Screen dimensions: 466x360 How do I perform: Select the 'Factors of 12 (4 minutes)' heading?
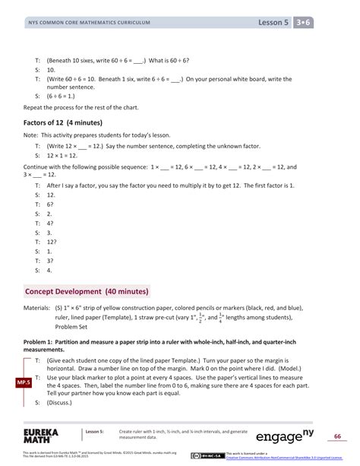pyautogui.click(x=63, y=122)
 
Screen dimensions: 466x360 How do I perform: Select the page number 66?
pyautogui.click(x=337, y=436)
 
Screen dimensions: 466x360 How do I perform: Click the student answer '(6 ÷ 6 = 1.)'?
pyautogui.click(x=65, y=96)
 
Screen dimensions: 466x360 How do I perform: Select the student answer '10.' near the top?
pyautogui.click(x=50, y=68)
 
